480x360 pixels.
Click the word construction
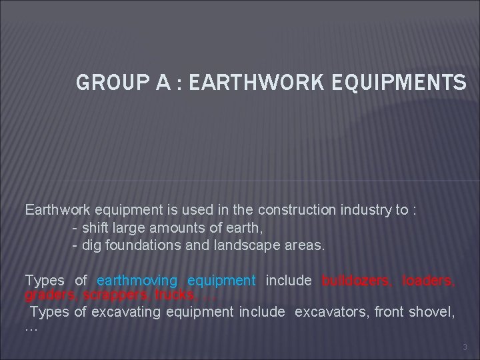click(299, 210)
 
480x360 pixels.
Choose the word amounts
click(170, 228)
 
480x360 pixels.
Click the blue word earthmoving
click(137, 281)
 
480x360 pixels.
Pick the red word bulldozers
click(356, 281)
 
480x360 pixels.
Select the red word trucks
click(175, 293)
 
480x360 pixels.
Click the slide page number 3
click(465, 347)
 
